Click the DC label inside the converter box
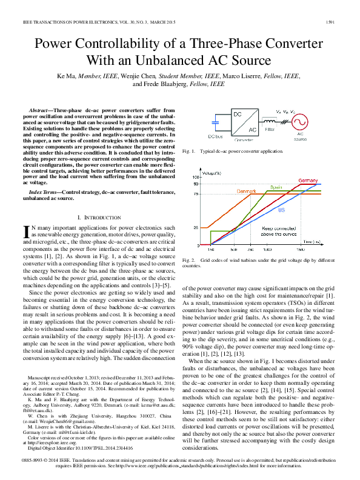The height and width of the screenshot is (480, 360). (x=238, y=115)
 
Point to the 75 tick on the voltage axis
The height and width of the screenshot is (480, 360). (x=196, y=194)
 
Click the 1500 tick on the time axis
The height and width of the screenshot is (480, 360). (x=300, y=249)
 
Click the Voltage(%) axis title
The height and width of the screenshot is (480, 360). (x=212, y=174)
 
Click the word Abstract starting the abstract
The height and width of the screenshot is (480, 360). (x=40, y=110)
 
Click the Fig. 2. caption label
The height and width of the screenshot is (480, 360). (x=189, y=260)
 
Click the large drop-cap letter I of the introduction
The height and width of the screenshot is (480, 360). (x=26, y=232)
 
